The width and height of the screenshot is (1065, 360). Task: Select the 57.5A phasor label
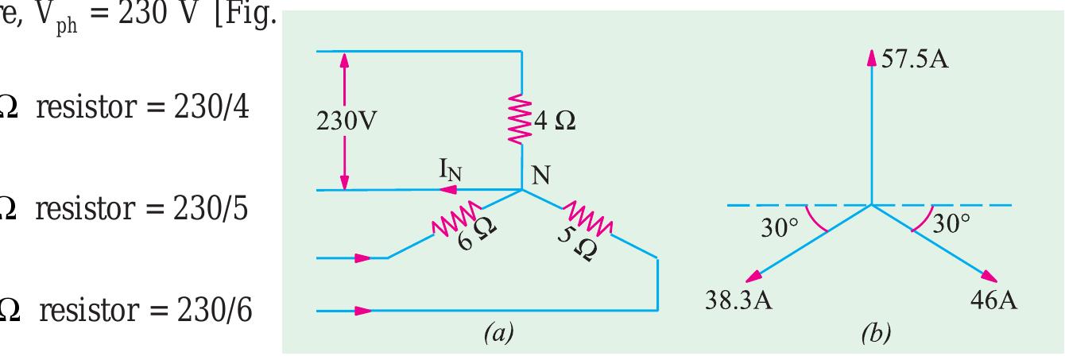click(914, 60)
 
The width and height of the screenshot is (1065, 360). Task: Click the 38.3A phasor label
click(739, 301)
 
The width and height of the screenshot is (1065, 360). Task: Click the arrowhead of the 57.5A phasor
click(872, 56)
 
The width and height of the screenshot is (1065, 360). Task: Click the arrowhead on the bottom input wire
click(362, 311)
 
